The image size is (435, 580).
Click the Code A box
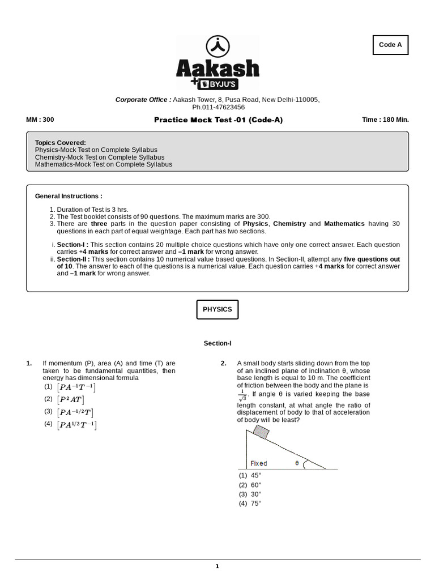[x=390, y=45]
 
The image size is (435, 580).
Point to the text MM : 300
[x=40, y=120]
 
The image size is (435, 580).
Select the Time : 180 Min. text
[x=385, y=120]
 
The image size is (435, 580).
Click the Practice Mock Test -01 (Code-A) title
[x=218, y=120]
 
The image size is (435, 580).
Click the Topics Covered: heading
[x=61, y=143]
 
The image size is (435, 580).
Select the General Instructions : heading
[x=69, y=196]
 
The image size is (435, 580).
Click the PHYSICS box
[x=217, y=310]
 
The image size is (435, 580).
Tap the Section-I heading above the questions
[x=217, y=343]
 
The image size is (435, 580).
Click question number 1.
[x=29, y=363]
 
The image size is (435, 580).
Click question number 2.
[x=224, y=363]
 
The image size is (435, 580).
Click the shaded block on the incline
[x=261, y=432]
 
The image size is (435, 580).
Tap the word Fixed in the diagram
[x=259, y=463]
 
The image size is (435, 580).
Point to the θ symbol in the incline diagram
[x=297, y=463]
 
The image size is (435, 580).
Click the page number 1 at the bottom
[x=217, y=566]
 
